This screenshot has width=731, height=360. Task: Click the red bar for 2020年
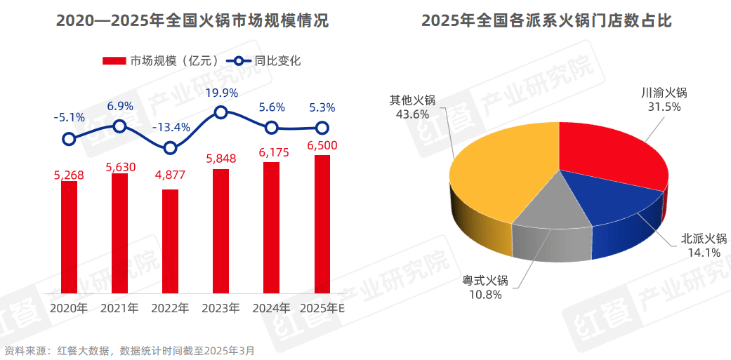[x=69, y=236]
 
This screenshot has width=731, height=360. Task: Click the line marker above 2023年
[x=220, y=112]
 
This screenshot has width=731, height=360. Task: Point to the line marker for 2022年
[x=170, y=148]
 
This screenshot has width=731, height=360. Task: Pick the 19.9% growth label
[x=221, y=93]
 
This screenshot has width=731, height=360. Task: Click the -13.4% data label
[x=171, y=127]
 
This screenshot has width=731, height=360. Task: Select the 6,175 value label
[x=272, y=152]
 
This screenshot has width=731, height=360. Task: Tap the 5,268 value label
[x=69, y=174]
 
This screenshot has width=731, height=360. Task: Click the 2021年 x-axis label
[x=119, y=308]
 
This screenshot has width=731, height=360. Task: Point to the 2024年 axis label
[x=272, y=308]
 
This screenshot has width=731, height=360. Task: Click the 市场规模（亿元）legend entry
[x=165, y=61]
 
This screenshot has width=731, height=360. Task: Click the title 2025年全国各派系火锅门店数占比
[x=547, y=21]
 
